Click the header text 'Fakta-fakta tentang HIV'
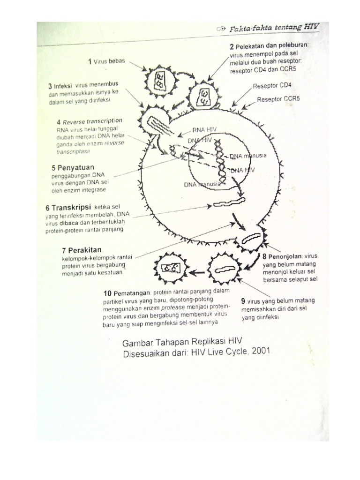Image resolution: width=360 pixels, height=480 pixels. [275, 28]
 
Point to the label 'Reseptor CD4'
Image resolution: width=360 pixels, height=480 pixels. [272, 86]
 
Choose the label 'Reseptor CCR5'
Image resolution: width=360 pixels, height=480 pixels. [278, 99]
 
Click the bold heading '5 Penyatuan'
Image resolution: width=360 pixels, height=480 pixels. [73, 167]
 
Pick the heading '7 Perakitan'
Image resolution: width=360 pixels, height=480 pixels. [82, 250]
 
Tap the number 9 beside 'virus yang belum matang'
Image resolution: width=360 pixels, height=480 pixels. [243, 300]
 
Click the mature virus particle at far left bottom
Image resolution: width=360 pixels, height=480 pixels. [171, 269]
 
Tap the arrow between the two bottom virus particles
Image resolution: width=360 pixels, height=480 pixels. [198, 271]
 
